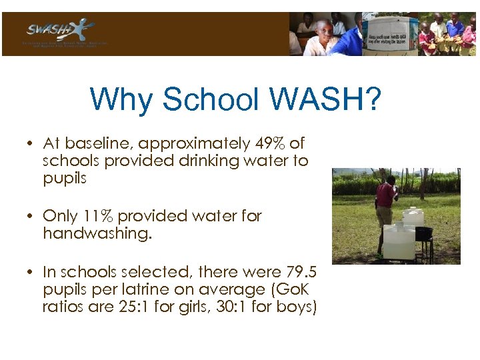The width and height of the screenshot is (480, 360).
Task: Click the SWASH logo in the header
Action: point(60,31)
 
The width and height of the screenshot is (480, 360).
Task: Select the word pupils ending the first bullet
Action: point(65,178)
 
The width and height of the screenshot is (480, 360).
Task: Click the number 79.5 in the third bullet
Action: point(299,272)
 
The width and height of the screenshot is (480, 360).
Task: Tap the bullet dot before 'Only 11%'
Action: point(31,216)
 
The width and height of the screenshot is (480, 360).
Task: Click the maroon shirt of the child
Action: point(385,196)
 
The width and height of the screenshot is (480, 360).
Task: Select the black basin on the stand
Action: point(424,233)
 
